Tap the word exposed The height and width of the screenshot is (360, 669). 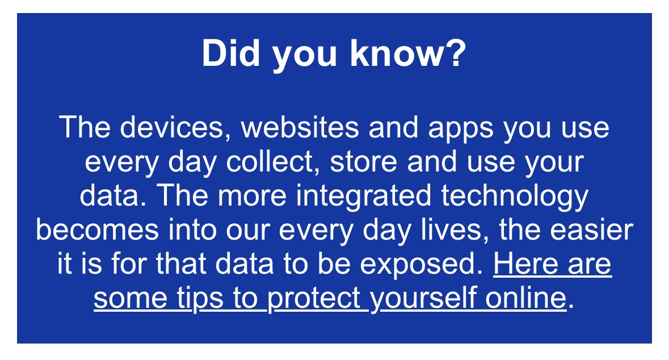pos(432,265)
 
